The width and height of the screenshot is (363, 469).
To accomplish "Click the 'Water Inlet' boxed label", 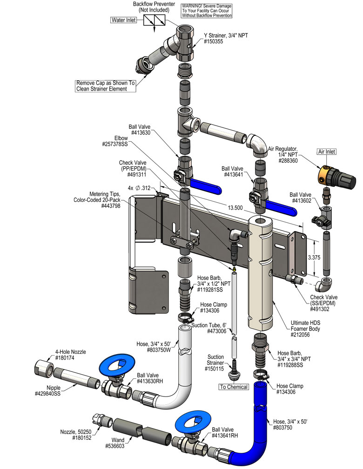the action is [124, 20].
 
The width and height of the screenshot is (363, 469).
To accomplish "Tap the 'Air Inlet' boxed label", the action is [326, 152].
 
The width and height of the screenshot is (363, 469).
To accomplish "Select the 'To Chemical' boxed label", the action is [234, 387].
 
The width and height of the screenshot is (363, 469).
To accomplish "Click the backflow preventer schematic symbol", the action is [154, 21].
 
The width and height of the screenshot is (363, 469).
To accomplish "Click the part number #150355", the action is [213, 41].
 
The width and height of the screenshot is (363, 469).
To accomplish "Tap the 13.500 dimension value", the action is [235, 208].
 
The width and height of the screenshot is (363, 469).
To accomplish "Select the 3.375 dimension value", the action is [314, 257].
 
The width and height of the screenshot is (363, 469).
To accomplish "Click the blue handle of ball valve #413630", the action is [206, 186].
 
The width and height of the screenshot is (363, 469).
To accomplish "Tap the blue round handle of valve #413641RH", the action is [193, 422].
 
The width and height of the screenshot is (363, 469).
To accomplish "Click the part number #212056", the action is [300, 335].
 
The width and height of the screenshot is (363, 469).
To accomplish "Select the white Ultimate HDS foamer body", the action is [260, 272].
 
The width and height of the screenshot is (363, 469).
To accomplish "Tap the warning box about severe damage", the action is [207, 11].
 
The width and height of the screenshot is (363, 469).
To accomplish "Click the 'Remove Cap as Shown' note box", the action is [106, 86].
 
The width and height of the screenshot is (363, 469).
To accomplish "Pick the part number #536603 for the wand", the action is [114, 446].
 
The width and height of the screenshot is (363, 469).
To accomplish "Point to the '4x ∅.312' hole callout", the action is [139, 188].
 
